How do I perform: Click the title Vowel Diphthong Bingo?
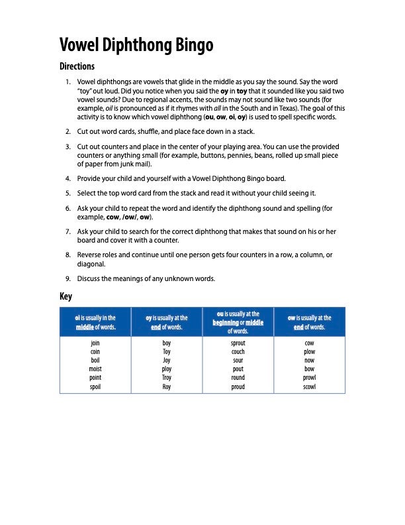136,44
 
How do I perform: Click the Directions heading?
77,66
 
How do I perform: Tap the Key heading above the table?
66,296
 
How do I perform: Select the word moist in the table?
95,369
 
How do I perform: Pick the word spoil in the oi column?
95,386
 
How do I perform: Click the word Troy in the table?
167,378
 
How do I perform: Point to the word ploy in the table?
167,369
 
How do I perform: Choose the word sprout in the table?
238,343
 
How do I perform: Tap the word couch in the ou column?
238,352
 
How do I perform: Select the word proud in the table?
238,386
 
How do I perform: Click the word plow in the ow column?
310,352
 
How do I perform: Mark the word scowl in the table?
310,386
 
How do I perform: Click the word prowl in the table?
310,378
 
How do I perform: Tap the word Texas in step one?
287,108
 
